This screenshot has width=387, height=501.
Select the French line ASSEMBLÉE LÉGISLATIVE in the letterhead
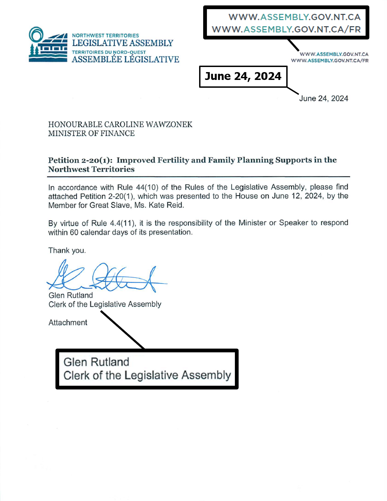[x=125, y=60]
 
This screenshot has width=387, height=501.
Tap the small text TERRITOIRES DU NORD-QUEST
[x=109, y=52]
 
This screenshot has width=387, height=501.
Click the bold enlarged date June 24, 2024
[x=243, y=76]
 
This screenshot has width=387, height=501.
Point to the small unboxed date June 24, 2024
[x=324, y=99]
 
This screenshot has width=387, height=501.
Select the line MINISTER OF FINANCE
[x=91, y=133]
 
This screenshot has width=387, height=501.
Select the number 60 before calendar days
[x=74, y=232]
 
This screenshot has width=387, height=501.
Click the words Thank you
[x=67, y=250]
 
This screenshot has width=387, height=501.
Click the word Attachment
[x=68, y=322]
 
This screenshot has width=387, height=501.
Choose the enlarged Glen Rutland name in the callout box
[x=96, y=362]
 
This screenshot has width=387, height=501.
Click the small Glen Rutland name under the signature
[x=70, y=295]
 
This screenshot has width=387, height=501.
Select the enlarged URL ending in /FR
[x=286, y=29]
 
